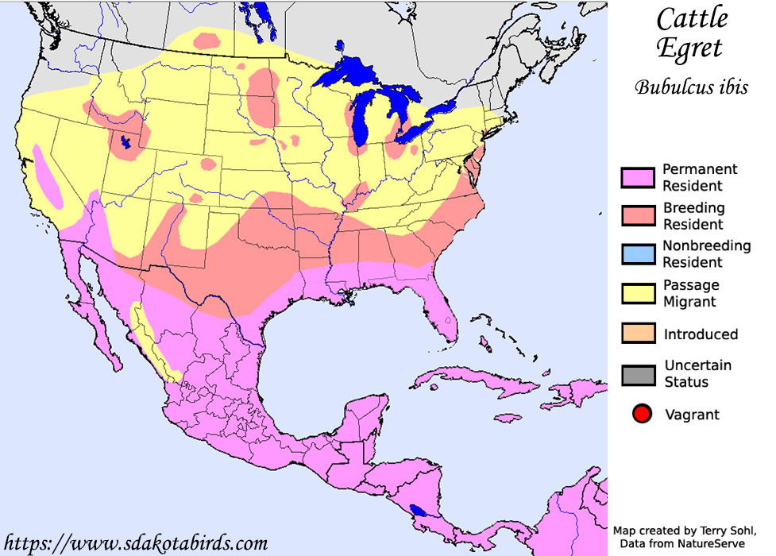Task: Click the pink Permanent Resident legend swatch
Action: [x=638, y=177]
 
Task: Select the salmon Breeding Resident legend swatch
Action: [x=638, y=216]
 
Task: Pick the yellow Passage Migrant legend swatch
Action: [x=638, y=293]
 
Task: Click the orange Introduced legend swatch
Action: [x=638, y=334]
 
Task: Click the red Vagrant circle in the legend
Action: [x=643, y=414]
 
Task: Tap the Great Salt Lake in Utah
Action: [x=125, y=143]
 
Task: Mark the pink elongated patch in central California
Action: [x=47, y=176]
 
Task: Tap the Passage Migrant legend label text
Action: [x=691, y=293]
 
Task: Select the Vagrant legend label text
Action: [x=692, y=414]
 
